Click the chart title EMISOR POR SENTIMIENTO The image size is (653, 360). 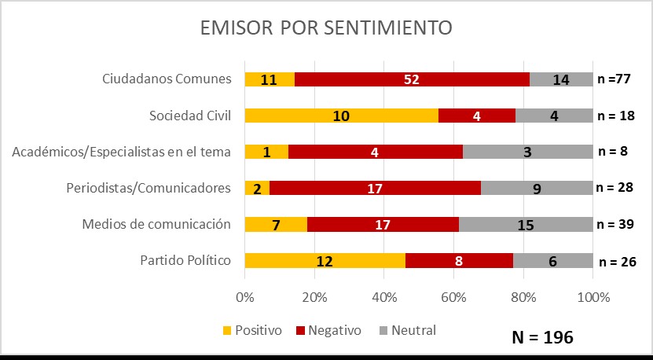coord(326,28)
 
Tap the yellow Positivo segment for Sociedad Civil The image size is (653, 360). coord(341,116)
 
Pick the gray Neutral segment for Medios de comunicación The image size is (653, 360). coord(526,225)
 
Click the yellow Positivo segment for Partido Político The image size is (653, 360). coord(325,261)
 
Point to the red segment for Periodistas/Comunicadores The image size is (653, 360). coord(375,188)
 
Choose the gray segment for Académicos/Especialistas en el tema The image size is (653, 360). coord(527,152)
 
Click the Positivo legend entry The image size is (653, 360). coord(253,330)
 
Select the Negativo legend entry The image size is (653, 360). coord(331,330)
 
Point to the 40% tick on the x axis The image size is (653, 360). coord(383,297)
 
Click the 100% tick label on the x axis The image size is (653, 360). coord(593,297)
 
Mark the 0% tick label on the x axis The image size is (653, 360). coord(245,297)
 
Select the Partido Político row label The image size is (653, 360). coord(186,261)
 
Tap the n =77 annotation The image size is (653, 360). coord(614,79)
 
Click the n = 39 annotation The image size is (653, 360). coord(615,225)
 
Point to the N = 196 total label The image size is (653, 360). coord(542,337)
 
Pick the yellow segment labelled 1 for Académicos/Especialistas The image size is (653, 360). coord(266,152)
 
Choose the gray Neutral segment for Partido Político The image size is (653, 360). coord(553,261)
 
